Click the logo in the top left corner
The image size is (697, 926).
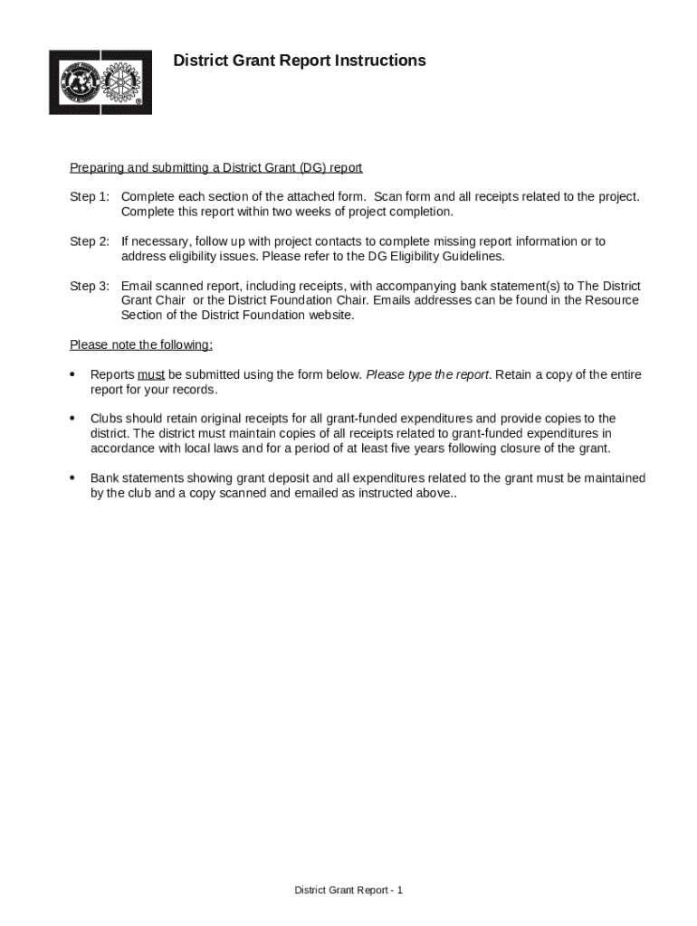(100, 82)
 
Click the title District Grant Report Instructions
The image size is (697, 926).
(299, 61)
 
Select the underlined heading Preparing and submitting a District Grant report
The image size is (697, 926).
(215, 168)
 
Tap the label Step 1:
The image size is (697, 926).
(90, 197)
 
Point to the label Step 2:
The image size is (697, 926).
(90, 241)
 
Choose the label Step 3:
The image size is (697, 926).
(90, 286)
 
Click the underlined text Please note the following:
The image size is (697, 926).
(141, 345)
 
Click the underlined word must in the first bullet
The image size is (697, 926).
(151, 374)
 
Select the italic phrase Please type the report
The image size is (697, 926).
(427, 374)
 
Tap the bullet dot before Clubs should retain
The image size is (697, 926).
(72, 419)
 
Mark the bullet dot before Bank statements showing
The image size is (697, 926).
(72, 478)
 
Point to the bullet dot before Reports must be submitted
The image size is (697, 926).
(72, 374)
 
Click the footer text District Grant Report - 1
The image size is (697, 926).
(348, 891)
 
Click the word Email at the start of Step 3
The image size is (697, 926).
(138, 286)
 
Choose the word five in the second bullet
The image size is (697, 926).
(461, 449)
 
